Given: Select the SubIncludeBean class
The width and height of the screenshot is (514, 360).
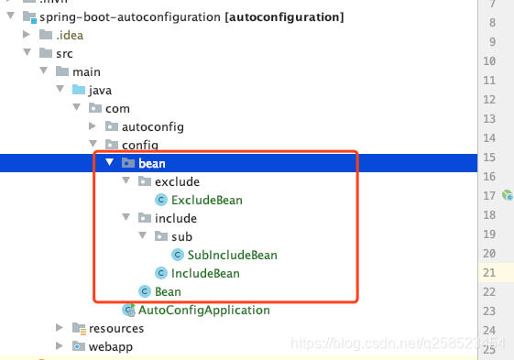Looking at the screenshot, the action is coord(232,255).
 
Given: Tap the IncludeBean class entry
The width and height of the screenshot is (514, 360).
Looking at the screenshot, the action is coord(205,273).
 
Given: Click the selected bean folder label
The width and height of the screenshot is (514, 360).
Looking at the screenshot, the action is coord(152,163).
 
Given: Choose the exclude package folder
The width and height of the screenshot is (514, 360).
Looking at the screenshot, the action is coord(177,181).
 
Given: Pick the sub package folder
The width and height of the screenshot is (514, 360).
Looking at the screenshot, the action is coord(181,236).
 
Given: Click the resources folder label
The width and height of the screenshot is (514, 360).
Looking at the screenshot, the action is coord(115,328).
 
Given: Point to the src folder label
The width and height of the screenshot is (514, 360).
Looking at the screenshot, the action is coord(64,53).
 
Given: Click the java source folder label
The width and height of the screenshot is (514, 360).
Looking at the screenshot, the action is coord(100,90).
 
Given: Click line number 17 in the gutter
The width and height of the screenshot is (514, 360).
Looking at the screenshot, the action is coord(491,195).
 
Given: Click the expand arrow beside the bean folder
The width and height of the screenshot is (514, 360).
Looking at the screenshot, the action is coord(109,163).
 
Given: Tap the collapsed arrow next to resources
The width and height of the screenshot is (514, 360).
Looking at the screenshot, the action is coord(60,328).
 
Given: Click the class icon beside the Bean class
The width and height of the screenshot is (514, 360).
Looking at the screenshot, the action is coord(144,291).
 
